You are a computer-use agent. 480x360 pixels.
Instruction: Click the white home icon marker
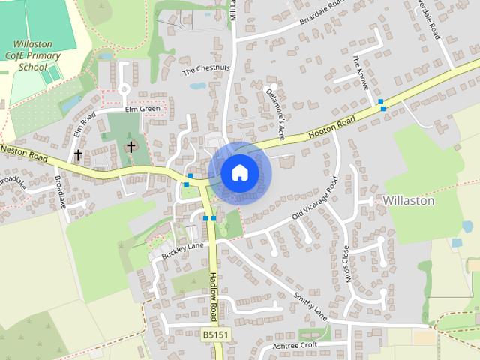coord(239,172)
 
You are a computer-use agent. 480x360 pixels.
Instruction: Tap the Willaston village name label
coord(408,201)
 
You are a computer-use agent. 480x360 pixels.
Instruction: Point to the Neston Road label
coord(23,154)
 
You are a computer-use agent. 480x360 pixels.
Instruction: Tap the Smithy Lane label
coord(311,306)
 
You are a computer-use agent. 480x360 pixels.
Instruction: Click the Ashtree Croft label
coord(295,345)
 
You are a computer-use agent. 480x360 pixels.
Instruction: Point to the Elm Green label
coord(142,109)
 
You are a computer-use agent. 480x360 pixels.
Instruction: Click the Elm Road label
coord(83,125)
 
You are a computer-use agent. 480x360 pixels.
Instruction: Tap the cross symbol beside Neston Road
coord(78,155)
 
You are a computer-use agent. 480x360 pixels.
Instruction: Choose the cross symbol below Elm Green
coord(131,145)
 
